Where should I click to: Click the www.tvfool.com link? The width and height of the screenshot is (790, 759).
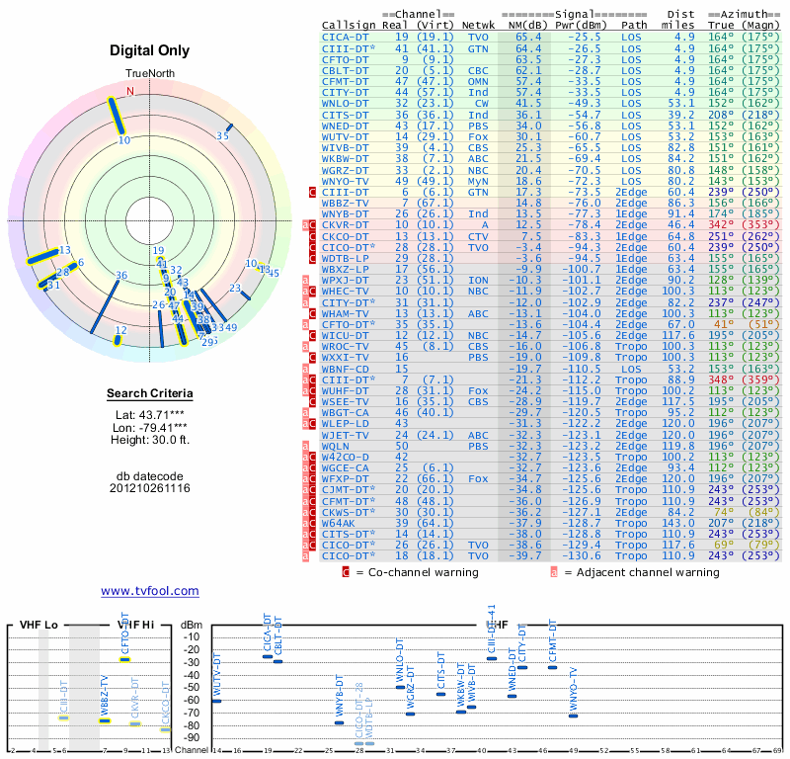point(149,591)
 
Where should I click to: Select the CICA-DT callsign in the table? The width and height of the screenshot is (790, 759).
point(345,37)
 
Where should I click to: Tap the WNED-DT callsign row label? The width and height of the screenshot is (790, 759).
point(345,126)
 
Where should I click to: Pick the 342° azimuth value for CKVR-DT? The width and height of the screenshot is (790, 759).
point(721,224)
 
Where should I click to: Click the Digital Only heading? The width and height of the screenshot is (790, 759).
point(150,50)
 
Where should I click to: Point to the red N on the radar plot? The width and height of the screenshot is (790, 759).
point(129,92)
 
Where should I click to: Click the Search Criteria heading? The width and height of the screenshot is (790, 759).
point(149,394)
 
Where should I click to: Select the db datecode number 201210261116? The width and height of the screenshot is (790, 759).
point(150,488)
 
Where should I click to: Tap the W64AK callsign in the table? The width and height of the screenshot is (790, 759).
point(341,523)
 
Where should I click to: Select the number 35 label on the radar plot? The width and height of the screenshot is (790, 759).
point(223,136)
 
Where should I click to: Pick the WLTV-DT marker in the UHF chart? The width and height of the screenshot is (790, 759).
point(216,700)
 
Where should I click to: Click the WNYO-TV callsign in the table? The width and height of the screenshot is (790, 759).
point(345,181)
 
